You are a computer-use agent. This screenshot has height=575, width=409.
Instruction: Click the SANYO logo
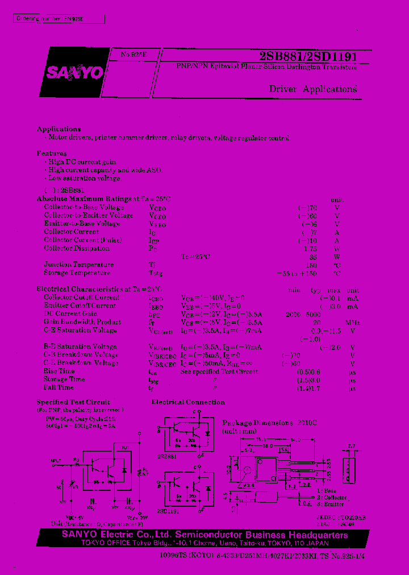[74, 73]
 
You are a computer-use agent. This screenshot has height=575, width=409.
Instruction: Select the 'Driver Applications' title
[312, 89]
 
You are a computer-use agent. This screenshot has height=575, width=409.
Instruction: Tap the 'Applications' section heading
[59, 129]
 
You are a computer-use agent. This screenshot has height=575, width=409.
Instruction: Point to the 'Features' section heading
[51, 153]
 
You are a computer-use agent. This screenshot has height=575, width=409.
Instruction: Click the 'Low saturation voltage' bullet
[85, 178]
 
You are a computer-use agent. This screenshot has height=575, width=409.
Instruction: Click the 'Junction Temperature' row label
[78, 264]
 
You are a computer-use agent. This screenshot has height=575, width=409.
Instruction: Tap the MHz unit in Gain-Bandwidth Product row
[353, 322]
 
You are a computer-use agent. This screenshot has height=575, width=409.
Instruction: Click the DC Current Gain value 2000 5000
[303, 314]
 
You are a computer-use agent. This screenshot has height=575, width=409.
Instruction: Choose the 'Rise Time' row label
[59, 371]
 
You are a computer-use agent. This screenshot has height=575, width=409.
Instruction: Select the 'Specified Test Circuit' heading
[73, 402]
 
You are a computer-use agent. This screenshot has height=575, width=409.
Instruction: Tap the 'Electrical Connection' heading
[188, 402]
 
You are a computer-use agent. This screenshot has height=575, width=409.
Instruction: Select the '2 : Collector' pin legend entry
[335, 497]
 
